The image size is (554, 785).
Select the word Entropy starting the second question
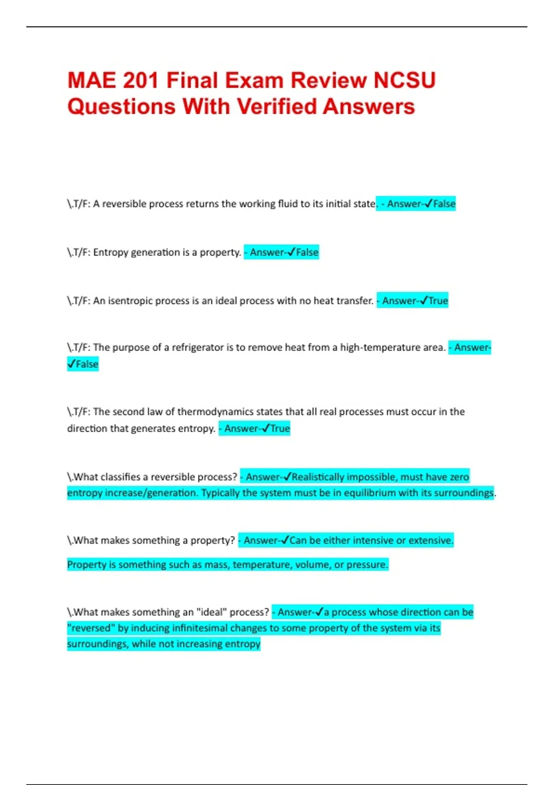pos(111,253)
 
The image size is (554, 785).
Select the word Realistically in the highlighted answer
pos(318,477)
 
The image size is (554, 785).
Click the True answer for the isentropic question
pos(438,301)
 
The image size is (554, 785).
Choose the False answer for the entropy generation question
pos(307,253)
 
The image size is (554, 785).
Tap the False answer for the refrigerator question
pos(87,364)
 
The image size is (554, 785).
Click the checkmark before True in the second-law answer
pos(265,429)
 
